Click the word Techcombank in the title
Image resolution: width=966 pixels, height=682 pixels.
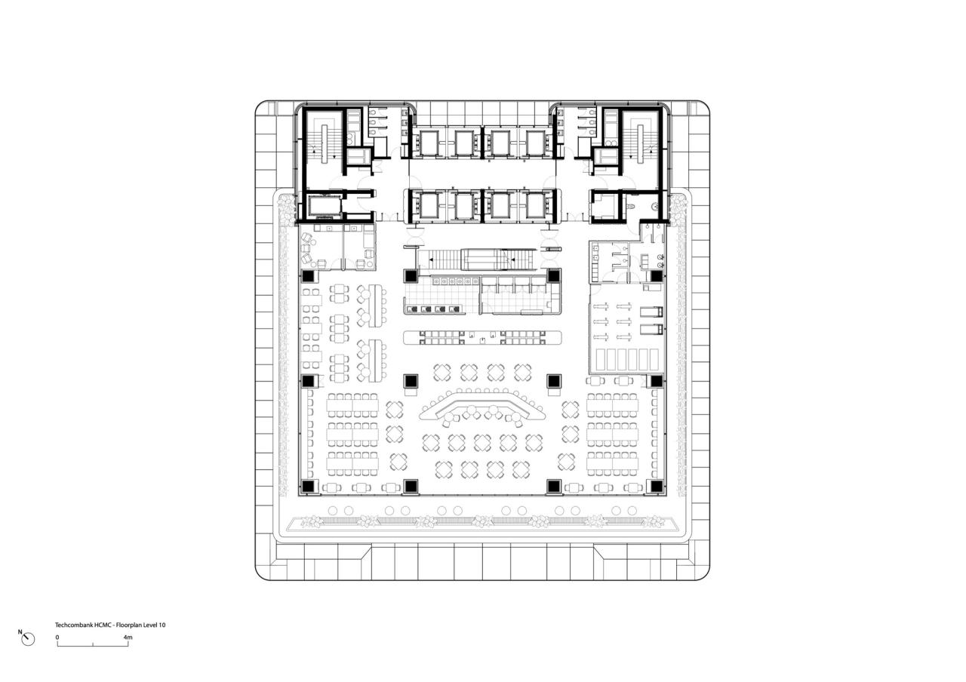point(72,625)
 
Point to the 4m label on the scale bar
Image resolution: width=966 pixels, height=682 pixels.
point(128,637)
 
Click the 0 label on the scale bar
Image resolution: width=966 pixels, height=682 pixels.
point(57,637)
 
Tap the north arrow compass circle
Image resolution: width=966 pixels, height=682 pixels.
point(29,640)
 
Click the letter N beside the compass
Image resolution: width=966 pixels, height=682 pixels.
point(20,632)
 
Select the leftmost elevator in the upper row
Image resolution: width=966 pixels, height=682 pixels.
point(428,142)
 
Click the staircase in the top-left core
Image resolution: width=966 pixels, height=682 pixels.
point(325,142)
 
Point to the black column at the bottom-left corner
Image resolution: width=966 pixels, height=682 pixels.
point(309,486)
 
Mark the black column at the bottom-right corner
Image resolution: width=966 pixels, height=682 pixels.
point(657,486)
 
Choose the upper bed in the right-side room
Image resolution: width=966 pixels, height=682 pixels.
point(651,312)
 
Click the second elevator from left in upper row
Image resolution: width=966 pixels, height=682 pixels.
point(463,142)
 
